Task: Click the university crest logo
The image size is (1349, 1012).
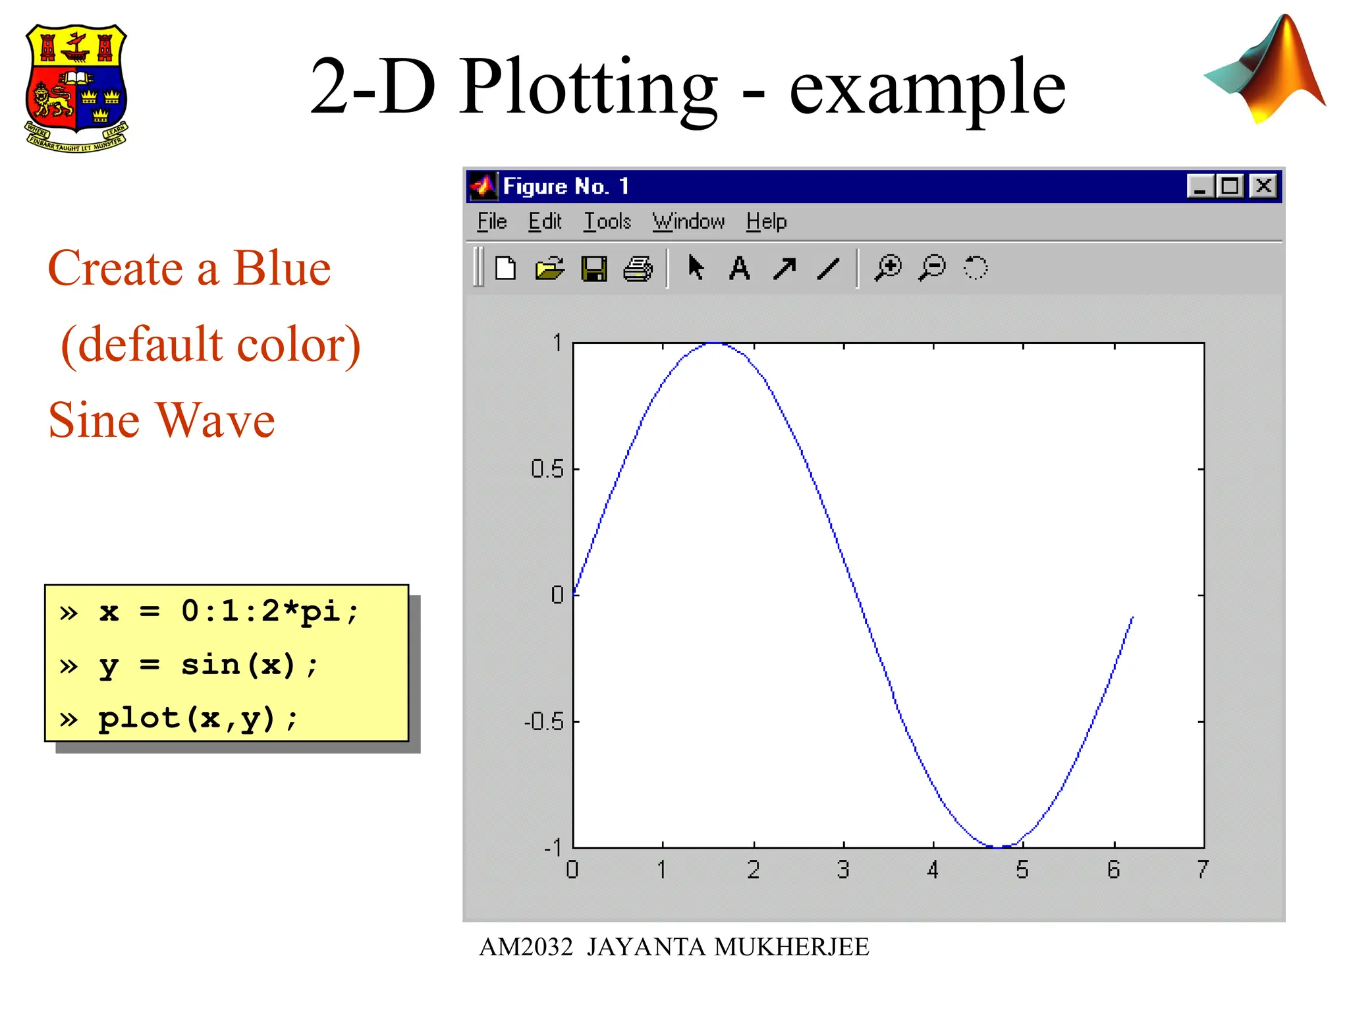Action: (76, 88)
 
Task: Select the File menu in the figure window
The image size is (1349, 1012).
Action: (491, 221)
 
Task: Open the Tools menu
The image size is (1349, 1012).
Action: (607, 221)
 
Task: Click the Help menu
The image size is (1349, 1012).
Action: (766, 221)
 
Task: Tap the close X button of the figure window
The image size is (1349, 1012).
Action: (1263, 186)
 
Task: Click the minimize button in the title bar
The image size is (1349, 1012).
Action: (1200, 186)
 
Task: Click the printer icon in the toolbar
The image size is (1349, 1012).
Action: (638, 269)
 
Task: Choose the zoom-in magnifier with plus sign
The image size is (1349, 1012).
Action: (888, 268)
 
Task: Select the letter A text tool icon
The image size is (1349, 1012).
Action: (740, 269)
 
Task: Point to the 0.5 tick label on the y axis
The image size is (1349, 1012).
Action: (547, 469)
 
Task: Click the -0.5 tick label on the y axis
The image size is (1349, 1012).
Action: (543, 722)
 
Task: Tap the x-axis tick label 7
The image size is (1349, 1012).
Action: (1203, 870)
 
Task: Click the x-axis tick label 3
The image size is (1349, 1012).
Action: (843, 870)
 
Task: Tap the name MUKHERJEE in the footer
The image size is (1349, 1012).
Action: (792, 947)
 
